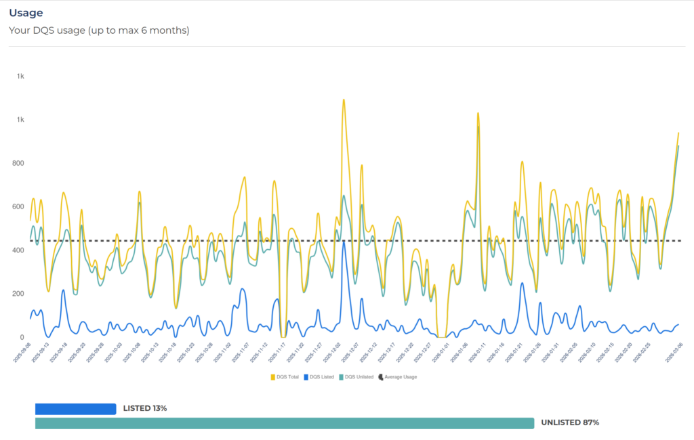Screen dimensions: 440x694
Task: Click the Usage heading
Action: (x=26, y=13)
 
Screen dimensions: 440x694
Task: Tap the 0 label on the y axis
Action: (x=22, y=337)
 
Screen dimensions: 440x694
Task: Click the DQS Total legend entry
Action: (x=285, y=377)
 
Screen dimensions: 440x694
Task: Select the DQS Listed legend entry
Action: (x=319, y=377)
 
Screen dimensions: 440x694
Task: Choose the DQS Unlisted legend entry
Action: (x=356, y=377)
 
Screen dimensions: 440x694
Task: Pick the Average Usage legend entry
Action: (x=398, y=377)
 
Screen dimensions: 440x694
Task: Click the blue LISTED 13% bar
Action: (x=75, y=409)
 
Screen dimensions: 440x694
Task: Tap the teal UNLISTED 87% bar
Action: (x=285, y=423)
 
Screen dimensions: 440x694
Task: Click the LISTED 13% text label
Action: (x=145, y=409)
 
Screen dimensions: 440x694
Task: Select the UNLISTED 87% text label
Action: (x=570, y=423)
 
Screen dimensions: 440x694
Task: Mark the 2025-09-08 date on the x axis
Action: (x=25, y=353)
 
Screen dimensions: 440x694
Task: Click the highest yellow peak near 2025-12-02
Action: (x=344, y=100)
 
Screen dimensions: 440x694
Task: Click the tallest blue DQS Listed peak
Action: (x=344, y=242)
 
